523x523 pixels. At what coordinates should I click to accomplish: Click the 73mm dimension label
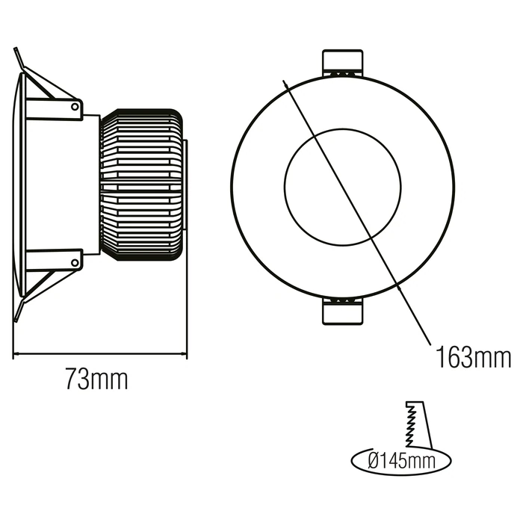pos(96,379)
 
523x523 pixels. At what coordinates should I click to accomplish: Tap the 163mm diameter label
pos(474,357)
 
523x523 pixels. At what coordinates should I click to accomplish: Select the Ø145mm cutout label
pos(402,461)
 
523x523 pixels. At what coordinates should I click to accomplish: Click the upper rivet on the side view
pos(75,106)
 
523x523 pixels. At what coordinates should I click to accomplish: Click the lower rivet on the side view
pos(75,262)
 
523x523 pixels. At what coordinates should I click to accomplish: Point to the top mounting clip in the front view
pos(342,63)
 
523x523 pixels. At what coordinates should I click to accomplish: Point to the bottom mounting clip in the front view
pos(342,311)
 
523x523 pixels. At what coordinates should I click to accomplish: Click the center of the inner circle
pos(343,187)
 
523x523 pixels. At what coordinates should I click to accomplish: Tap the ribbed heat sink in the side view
pos(142,185)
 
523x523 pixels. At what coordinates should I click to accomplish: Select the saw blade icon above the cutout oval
pos(418,424)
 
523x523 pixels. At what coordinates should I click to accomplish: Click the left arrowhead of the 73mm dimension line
pos(15,353)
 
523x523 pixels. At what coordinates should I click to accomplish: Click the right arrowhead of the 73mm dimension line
pos(185,353)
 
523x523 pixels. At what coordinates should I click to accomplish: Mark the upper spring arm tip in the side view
pos(16,49)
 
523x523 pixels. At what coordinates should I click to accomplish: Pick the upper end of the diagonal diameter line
pos(283,81)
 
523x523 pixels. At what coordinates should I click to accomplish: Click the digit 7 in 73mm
pos(72,379)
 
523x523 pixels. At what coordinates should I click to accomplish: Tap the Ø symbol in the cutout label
pos(374,461)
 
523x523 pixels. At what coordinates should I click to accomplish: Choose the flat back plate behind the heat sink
pos(185,185)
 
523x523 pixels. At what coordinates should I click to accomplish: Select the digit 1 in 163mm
pos(441,357)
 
